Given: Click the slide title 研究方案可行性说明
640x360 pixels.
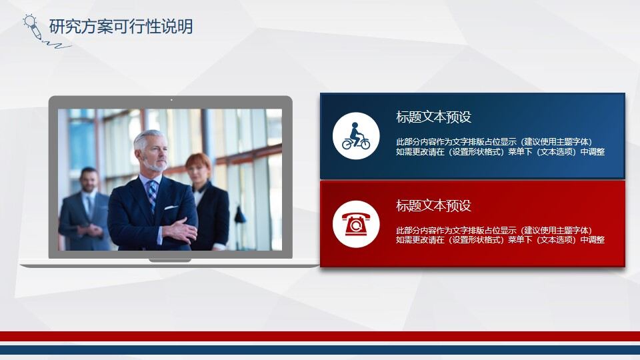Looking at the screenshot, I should (x=121, y=27).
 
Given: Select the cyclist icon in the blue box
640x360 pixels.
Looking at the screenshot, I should (x=356, y=136).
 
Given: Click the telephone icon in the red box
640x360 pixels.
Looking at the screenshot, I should (x=356, y=223).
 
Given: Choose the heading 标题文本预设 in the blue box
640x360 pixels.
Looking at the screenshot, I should (x=433, y=117).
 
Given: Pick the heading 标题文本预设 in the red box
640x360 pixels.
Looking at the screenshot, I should (x=433, y=205).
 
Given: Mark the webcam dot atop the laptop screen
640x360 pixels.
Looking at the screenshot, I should (x=171, y=100).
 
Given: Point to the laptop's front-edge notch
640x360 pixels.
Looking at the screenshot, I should (x=170, y=260).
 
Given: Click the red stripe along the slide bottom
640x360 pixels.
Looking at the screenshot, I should (x=320, y=336).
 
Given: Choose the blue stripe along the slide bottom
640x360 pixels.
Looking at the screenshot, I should (x=320, y=350).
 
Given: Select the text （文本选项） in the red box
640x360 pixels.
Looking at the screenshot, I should (x=557, y=240).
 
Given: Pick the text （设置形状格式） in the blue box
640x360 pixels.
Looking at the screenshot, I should (x=470, y=151).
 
